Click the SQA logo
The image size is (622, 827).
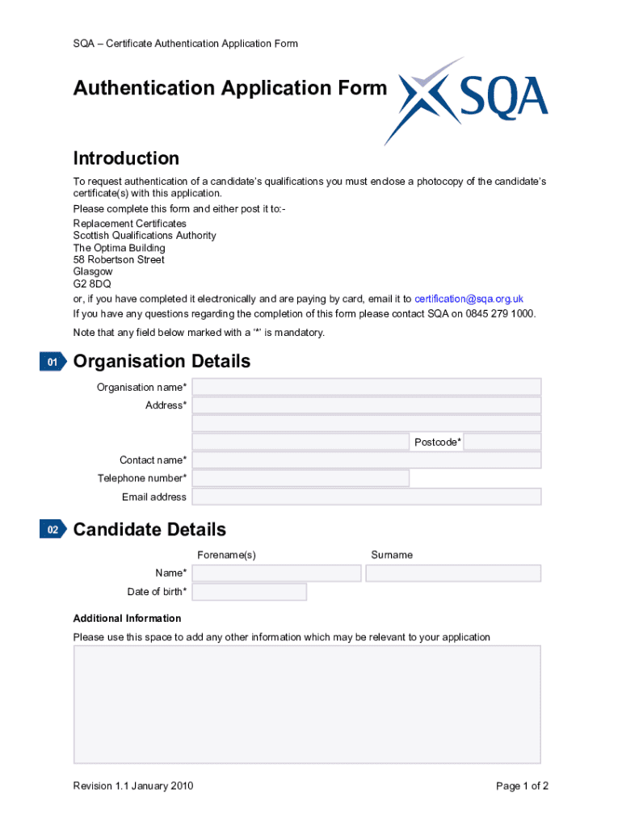coord(466,101)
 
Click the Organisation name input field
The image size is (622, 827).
coord(366,387)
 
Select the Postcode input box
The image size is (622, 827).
coord(502,442)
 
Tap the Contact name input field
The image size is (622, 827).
coord(366,460)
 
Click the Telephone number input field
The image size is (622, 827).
coord(300,478)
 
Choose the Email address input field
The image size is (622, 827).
coord(366,497)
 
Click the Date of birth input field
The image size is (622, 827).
coord(249,592)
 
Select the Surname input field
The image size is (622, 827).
coord(453,573)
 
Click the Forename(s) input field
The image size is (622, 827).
coord(276,573)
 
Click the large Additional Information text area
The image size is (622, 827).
coord(307,704)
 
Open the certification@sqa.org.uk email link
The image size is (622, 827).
coord(469,299)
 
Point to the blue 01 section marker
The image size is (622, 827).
coord(53,363)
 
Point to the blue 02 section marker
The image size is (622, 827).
coord(53,531)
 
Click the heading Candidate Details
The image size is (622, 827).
coord(149,530)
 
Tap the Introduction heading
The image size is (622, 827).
coord(126,158)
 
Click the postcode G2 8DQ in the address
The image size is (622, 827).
coord(92,284)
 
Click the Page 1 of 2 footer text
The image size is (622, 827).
coord(523,786)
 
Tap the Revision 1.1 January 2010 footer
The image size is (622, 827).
coord(133,786)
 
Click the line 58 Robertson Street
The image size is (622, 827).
coord(119,260)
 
